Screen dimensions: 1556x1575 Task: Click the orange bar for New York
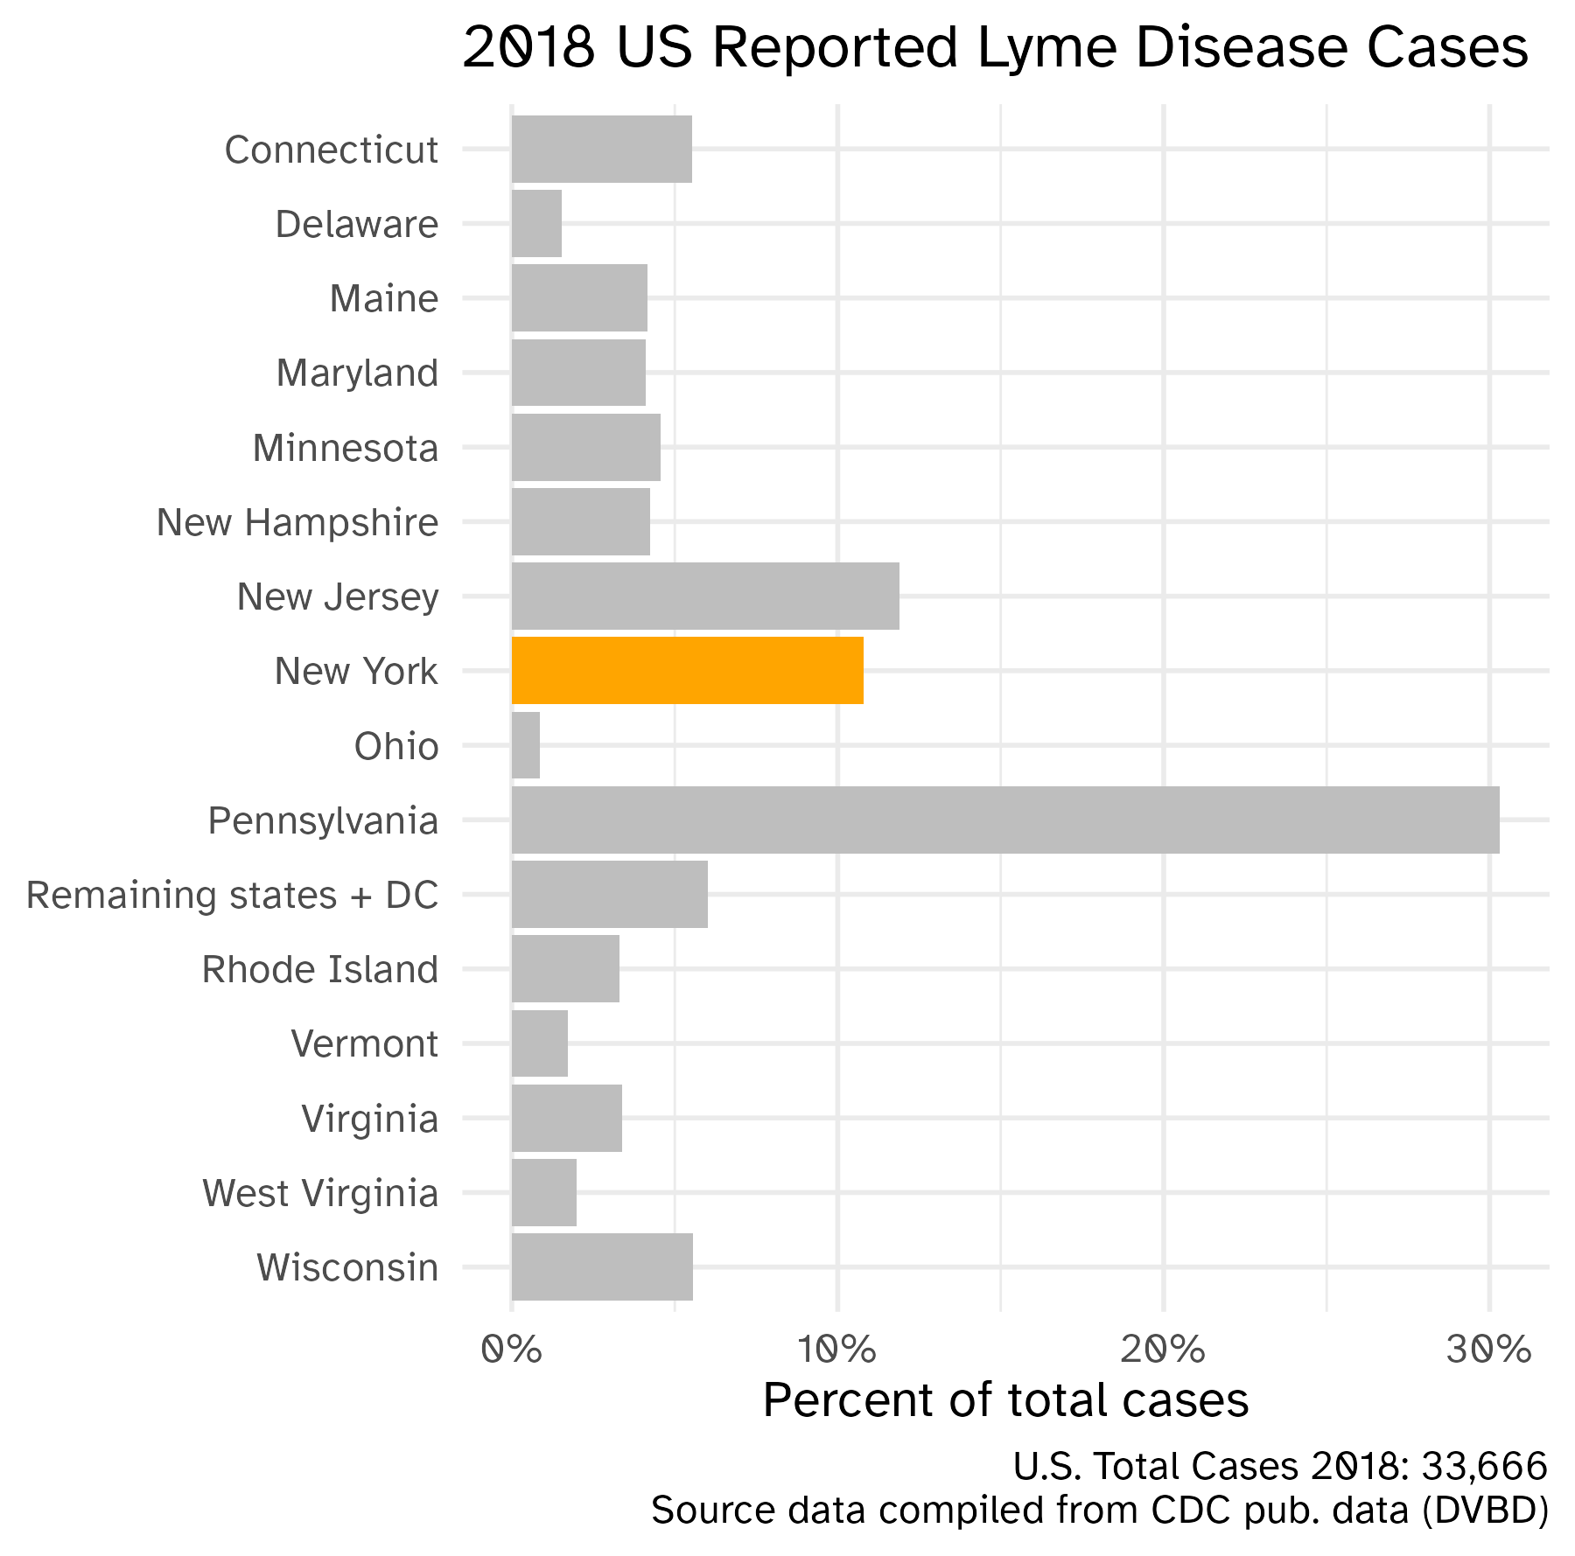(687, 670)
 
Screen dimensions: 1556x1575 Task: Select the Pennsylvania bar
(1004, 820)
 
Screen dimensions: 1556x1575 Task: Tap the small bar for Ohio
(526, 745)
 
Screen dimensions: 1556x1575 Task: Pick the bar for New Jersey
(705, 596)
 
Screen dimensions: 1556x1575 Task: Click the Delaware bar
(536, 223)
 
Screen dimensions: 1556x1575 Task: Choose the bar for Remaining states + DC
(609, 894)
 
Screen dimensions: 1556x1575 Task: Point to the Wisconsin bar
(602, 1266)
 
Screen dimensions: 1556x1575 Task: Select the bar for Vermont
(540, 1043)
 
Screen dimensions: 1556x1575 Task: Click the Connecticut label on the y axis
(331, 150)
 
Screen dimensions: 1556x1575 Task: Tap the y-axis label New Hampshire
(297, 522)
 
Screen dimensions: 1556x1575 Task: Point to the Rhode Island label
(319, 969)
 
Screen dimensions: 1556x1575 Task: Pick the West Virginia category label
(319, 1193)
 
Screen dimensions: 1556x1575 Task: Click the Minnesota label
(345, 448)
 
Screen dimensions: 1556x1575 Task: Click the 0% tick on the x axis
(512, 1350)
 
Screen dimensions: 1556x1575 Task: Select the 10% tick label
(837, 1350)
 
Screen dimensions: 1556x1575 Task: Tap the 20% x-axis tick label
(1163, 1350)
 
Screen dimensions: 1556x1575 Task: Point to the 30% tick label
(1488, 1350)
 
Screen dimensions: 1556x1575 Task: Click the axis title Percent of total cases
(1005, 1400)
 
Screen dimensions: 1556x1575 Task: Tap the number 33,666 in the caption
(1484, 1466)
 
